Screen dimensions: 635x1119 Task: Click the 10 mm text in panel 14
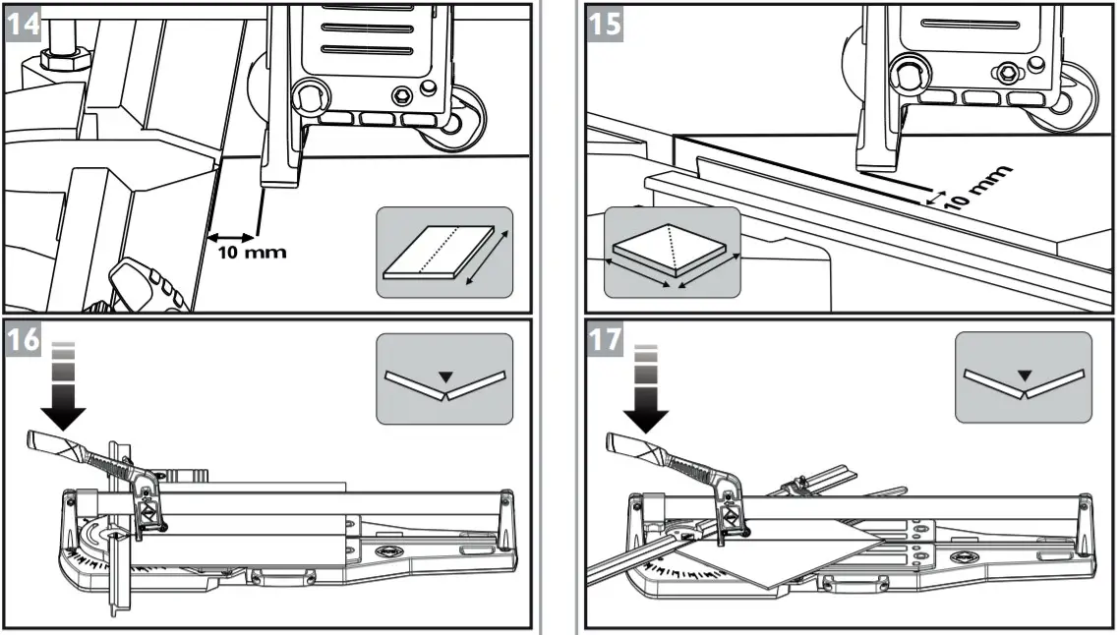[x=252, y=252]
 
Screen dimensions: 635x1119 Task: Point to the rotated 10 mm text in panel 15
[x=976, y=187]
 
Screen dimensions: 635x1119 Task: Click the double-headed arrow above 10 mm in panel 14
[x=231, y=236]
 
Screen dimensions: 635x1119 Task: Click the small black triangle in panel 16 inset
[x=445, y=375]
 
